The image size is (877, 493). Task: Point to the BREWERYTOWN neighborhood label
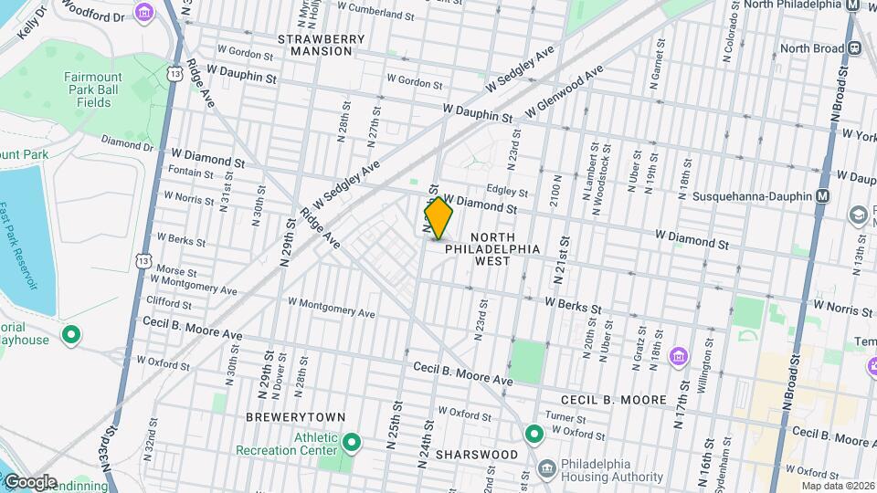pyautogui.click(x=295, y=417)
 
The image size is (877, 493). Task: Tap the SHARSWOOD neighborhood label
pyautogui.click(x=475, y=454)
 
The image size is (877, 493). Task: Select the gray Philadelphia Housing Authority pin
pyautogui.click(x=546, y=469)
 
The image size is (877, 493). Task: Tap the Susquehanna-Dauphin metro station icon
pyautogui.click(x=823, y=196)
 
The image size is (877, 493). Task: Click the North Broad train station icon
pyautogui.click(x=858, y=47)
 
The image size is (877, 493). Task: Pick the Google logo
pyautogui.click(x=30, y=482)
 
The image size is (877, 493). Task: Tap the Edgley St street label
pyautogui.click(x=508, y=192)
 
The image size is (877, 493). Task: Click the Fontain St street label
pyautogui.click(x=190, y=174)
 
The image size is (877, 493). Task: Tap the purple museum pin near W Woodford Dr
pyautogui.click(x=143, y=13)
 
